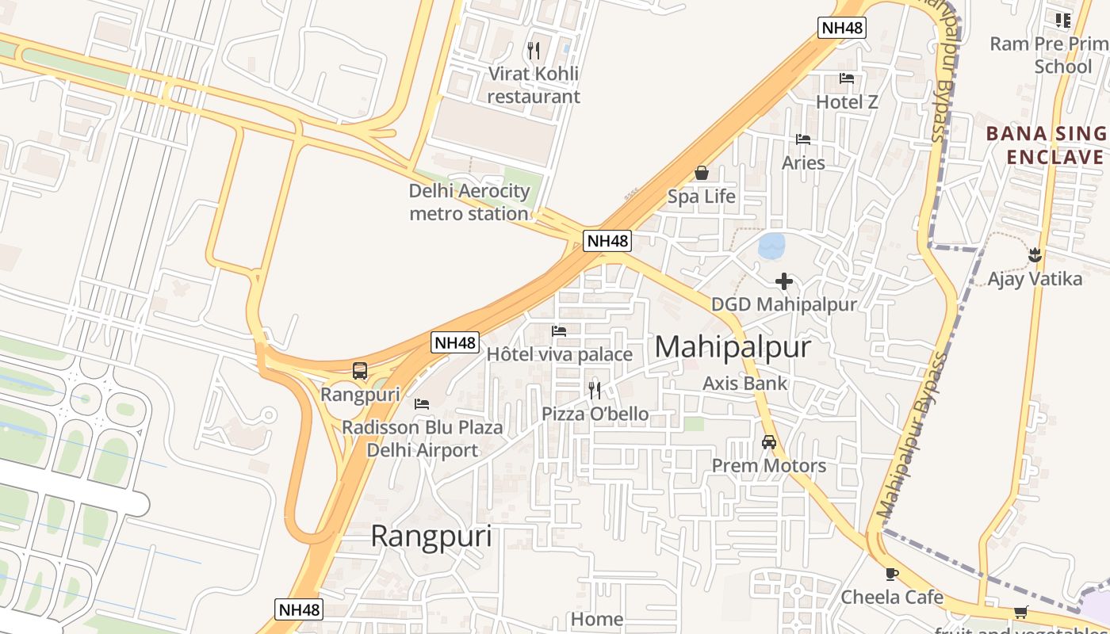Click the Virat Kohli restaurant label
533,85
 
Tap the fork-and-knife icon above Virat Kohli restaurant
534,51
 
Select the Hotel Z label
847,102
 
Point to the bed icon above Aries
803,139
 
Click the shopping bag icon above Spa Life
701,173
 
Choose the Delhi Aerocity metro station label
469,202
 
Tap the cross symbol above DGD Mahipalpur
783,281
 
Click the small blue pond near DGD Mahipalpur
771,246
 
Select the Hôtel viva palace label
559,354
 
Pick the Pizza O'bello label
595,414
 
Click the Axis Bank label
745,384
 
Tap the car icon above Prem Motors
768,442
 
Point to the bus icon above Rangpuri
360,370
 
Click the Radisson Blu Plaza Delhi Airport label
422,439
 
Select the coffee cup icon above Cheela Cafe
892,574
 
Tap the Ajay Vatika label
1034,279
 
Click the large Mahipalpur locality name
733,347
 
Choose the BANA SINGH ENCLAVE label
1047,145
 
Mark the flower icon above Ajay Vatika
1034,255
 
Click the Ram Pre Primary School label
1050,55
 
